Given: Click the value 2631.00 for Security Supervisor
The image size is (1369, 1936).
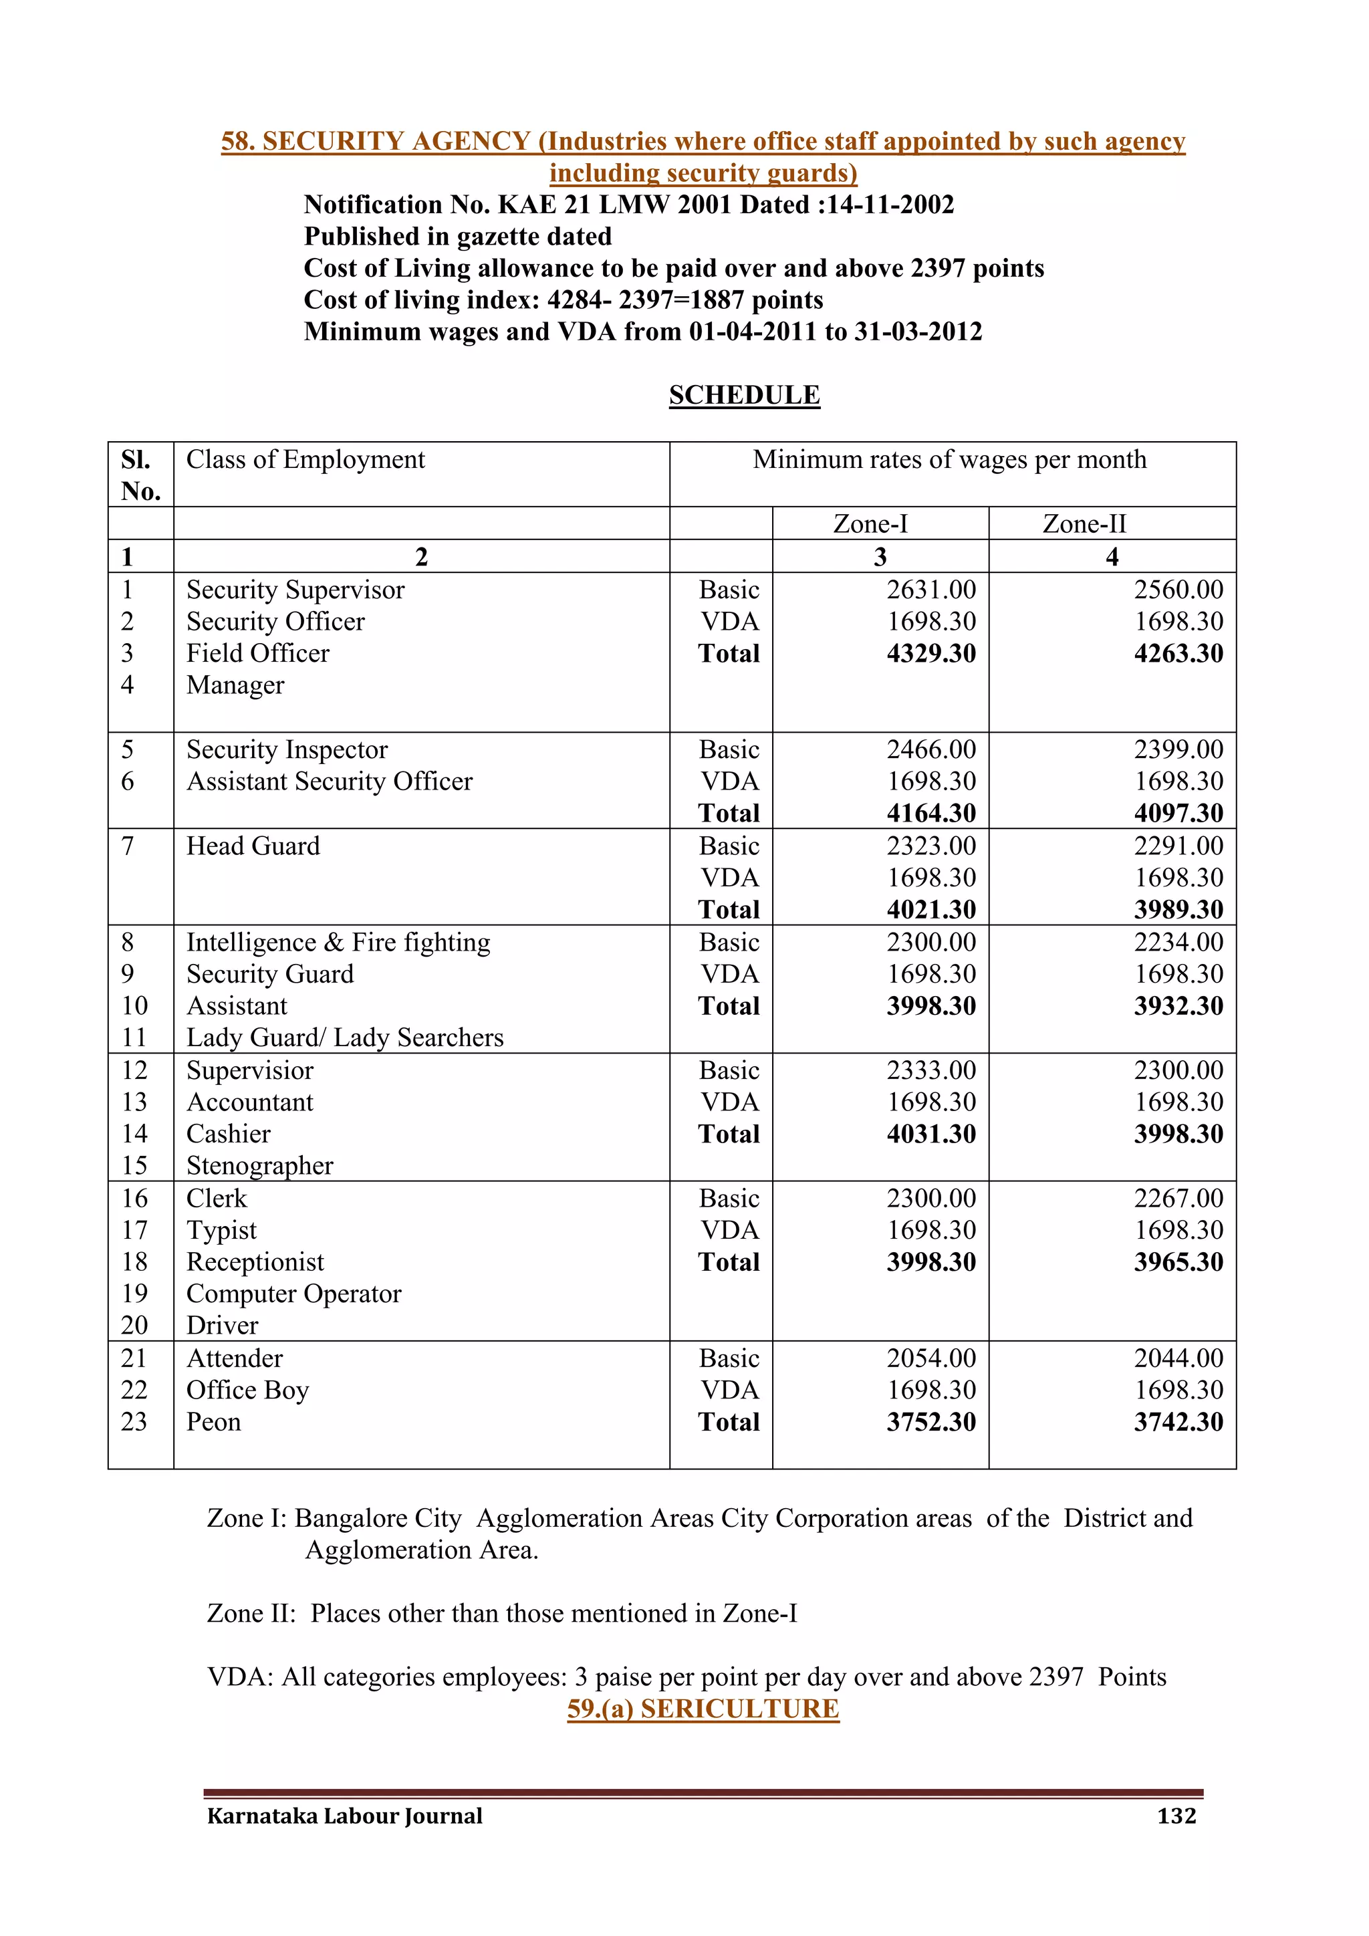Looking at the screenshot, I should click(930, 590).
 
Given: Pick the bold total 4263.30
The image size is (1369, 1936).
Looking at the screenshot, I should click(1178, 654).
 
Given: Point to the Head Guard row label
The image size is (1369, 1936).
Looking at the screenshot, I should click(253, 846).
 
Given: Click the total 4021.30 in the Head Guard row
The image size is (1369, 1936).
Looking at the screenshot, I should click(930, 910).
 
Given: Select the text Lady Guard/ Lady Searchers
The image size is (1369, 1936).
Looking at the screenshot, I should click(345, 1037).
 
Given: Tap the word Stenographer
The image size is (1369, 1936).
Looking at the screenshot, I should click(259, 1165).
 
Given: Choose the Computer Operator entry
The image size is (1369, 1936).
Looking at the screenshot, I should click(293, 1294).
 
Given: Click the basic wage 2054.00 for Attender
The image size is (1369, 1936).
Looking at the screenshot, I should click(930, 1358).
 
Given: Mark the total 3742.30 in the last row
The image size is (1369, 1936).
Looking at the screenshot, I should click(1178, 1423).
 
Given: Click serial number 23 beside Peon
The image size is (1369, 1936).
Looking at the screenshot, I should click(134, 1422).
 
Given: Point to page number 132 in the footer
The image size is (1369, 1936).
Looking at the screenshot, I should click(1176, 1816).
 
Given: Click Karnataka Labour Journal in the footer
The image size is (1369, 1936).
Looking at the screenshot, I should click(345, 1816).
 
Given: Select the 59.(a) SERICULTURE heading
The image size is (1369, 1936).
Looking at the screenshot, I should click(703, 1709).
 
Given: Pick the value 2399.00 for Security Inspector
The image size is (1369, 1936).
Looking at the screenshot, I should click(1178, 749).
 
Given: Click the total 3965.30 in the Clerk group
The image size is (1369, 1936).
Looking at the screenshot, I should click(1178, 1262).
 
